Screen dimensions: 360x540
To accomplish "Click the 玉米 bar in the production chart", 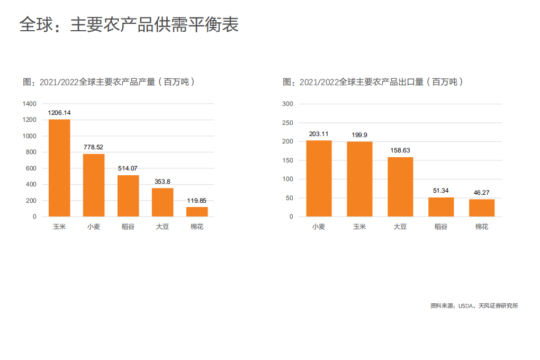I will (59, 168).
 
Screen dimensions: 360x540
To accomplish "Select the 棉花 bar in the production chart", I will (197, 212).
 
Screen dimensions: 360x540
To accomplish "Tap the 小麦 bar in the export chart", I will (319, 178).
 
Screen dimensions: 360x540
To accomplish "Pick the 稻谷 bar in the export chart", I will (441, 207).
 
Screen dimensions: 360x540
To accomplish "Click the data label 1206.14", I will (59, 113).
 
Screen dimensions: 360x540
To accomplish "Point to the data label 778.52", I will (93, 147).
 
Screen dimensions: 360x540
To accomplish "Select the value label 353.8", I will (163, 182).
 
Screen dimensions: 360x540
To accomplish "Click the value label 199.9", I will (359, 135).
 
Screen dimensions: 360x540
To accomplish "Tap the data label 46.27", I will (482, 193).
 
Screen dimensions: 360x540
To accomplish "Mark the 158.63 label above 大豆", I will (400, 150).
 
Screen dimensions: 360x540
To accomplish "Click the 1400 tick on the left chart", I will (30, 104).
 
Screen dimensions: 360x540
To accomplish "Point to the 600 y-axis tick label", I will (32, 168).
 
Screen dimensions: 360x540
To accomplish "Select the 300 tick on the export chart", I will (287, 104).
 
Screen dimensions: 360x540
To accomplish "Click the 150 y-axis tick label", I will (287, 160).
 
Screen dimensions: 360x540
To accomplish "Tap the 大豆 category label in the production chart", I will (163, 227).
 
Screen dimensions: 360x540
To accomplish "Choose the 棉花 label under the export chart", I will (482, 227).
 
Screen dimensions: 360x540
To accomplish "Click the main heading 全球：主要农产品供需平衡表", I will (129, 24).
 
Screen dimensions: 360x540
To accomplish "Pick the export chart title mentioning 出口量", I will (374, 82).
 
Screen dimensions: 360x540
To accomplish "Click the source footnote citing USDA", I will (474, 306).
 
